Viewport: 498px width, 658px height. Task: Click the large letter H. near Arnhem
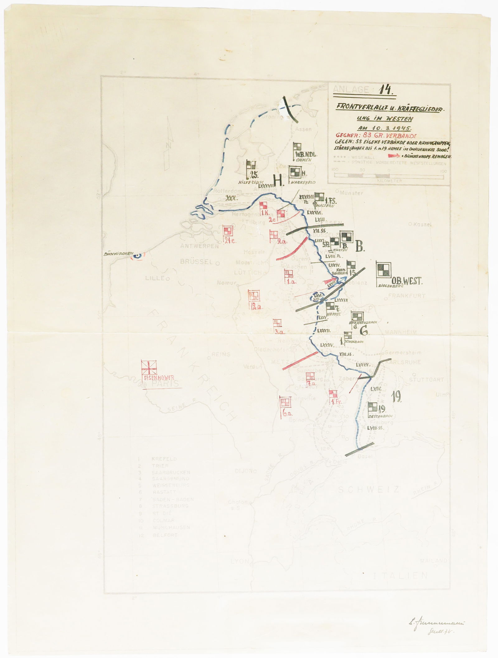coord(279,180)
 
